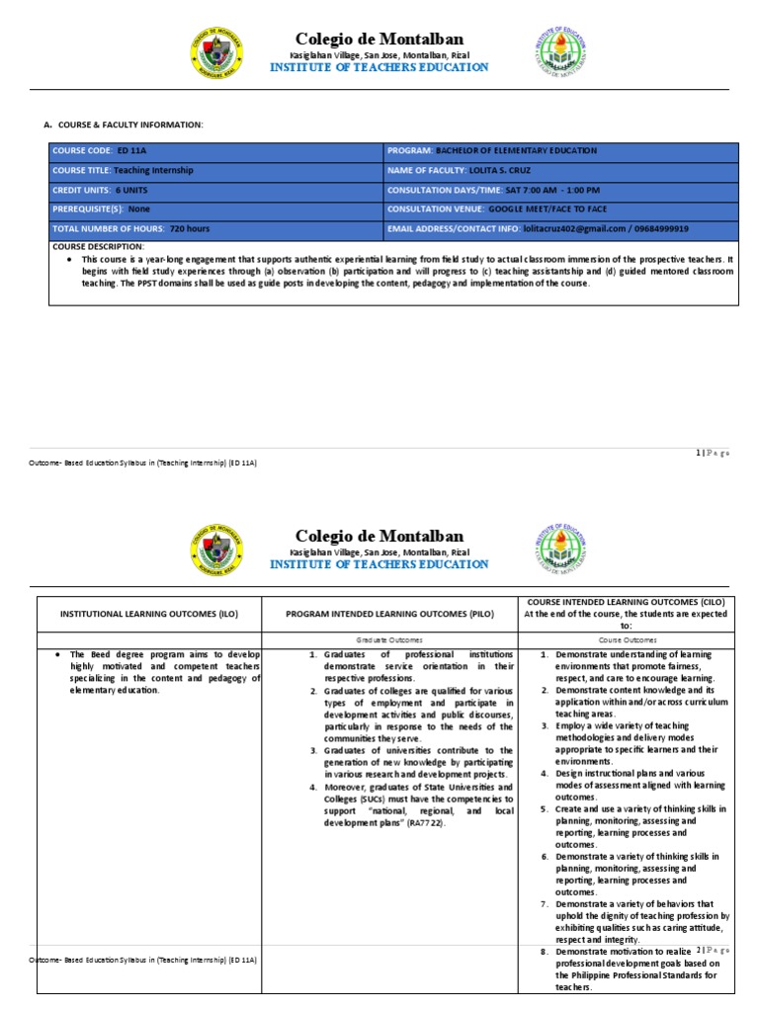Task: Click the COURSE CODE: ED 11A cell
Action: pyautogui.click(x=215, y=150)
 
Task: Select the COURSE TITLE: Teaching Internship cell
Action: pyautogui.click(x=215, y=170)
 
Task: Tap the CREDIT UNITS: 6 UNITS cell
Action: pyautogui.click(x=215, y=190)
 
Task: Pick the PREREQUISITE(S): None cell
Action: pyautogui.click(x=215, y=210)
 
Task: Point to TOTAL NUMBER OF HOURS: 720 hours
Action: pyautogui.click(x=215, y=228)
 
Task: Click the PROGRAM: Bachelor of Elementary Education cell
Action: pyautogui.click(x=560, y=150)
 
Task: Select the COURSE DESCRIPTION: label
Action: pyautogui.click(x=98, y=246)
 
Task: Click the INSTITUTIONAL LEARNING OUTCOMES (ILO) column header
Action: pyautogui.click(x=149, y=614)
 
